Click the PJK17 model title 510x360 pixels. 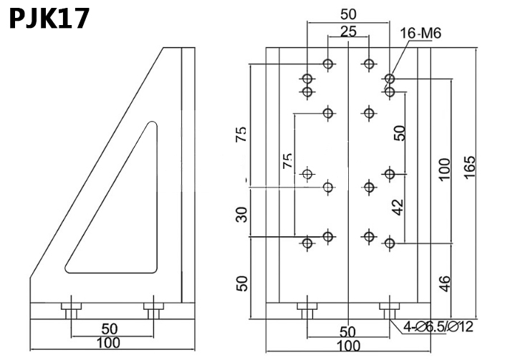(49, 17)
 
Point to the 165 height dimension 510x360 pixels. (470, 168)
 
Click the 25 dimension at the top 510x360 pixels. (348, 31)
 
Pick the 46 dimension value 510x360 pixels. (444, 284)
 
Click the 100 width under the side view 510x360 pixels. (108, 344)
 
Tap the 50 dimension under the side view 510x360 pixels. (109, 329)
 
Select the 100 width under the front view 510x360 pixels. (348, 347)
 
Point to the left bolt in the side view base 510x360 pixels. (70, 309)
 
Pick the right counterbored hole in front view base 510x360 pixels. (389, 311)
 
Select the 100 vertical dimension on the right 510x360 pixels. (444, 168)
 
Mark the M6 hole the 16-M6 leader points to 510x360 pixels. (390, 79)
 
